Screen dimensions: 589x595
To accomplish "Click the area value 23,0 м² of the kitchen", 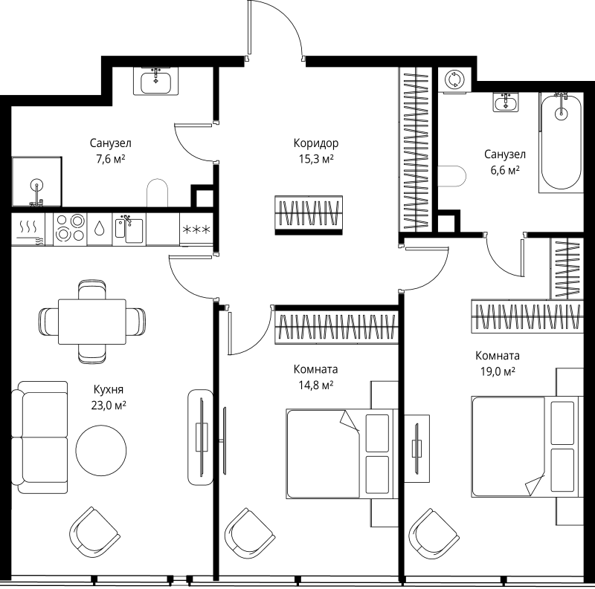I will pos(109,405).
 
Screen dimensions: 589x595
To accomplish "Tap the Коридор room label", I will pos(315,143).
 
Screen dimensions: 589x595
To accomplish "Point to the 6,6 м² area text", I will pos(504,169).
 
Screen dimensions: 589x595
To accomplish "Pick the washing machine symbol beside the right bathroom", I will pos(453,80).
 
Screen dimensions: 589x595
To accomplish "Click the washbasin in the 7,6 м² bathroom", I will pos(156,80).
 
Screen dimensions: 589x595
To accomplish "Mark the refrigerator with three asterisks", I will pos(196,229).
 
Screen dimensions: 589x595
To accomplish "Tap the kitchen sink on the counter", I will pos(129,228).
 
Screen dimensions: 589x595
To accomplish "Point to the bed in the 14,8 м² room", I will pos(338,454).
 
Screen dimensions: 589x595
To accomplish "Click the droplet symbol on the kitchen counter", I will pos(100,228).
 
